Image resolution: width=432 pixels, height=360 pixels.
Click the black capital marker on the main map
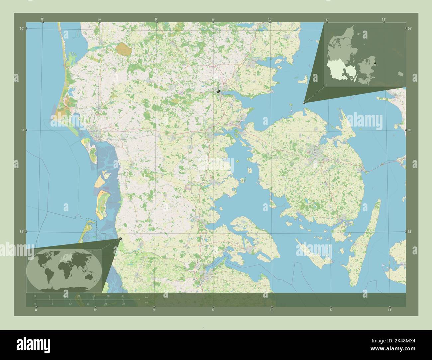coord(218,91)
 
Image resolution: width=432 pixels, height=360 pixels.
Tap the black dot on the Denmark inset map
coord(375,63)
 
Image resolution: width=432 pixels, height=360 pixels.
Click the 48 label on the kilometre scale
coord(123,296)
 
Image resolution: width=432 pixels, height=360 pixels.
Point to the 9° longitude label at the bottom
coord(154,310)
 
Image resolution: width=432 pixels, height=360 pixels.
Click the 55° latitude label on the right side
coord(410,232)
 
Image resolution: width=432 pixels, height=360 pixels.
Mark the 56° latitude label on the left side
coord(22,29)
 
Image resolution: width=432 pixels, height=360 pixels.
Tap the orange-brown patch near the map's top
coord(124,49)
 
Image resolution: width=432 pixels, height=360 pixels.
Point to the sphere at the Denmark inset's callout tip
coord(304,103)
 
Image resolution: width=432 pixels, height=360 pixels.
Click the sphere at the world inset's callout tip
coord(120,238)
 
